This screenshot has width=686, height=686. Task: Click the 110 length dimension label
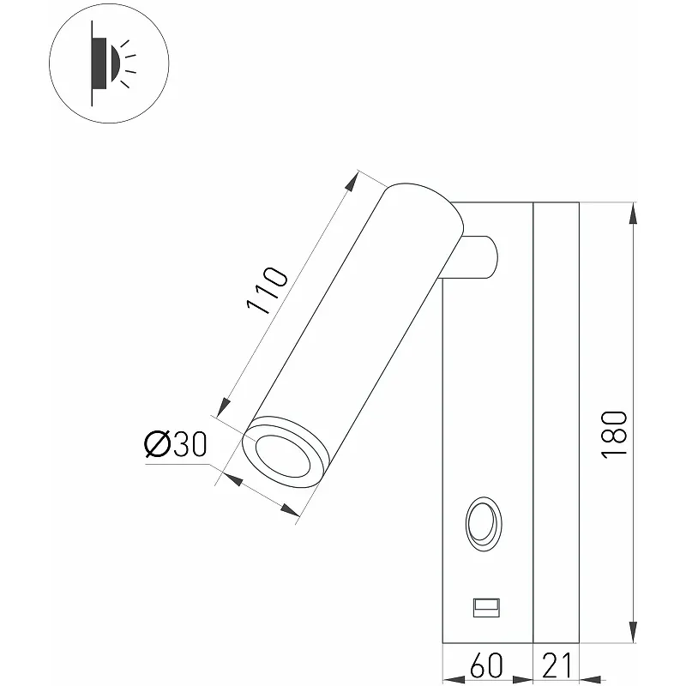[268, 290]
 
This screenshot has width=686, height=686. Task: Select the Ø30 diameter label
[176, 444]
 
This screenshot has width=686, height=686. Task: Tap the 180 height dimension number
[614, 435]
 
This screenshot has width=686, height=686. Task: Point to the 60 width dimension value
[486, 665]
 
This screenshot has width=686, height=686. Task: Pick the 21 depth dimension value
[557, 665]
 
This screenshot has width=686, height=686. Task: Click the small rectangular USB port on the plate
[486, 608]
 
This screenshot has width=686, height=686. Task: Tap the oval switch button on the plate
[484, 524]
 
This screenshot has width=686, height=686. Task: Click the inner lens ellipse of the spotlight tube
[283, 456]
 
